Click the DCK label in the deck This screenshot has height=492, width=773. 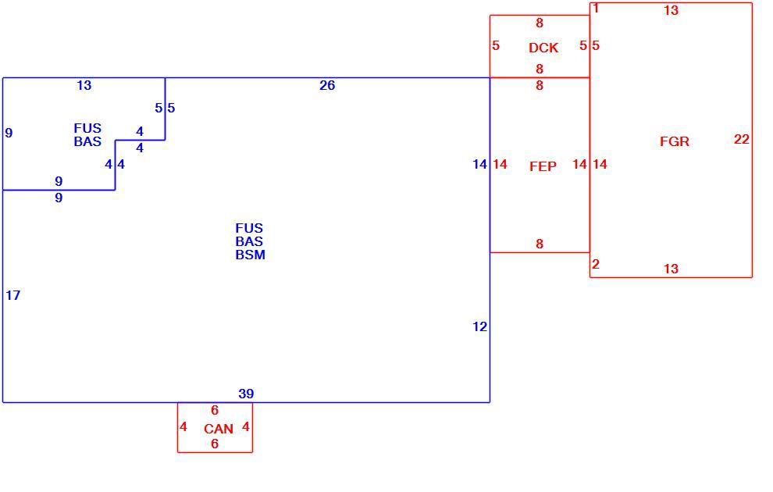coord(543,48)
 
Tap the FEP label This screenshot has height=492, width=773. coord(543,166)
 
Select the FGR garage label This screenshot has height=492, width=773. coord(675,142)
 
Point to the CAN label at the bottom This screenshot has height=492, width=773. coord(219,429)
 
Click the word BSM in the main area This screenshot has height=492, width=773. coord(251,255)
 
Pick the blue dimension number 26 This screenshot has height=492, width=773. coord(327,85)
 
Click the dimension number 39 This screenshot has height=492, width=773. coord(246,394)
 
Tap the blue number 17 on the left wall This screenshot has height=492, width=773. coord(12,295)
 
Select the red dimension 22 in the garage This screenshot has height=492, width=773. coord(742,140)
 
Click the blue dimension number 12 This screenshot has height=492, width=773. coord(479,326)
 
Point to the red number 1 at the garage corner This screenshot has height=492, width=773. coord(596,9)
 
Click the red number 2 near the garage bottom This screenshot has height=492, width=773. coord(596,264)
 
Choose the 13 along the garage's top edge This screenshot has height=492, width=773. coord(671,10)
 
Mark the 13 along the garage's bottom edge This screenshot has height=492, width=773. coord(671,269)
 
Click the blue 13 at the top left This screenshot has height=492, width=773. coord(84,85)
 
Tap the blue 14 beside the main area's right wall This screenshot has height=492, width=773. coord(479,164)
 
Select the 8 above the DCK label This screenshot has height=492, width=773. coord(540,23)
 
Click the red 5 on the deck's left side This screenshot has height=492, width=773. coord(496,45)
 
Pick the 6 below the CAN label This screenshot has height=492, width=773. coord(215,444)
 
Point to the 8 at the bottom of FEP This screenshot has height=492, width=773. coord(540,244)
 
